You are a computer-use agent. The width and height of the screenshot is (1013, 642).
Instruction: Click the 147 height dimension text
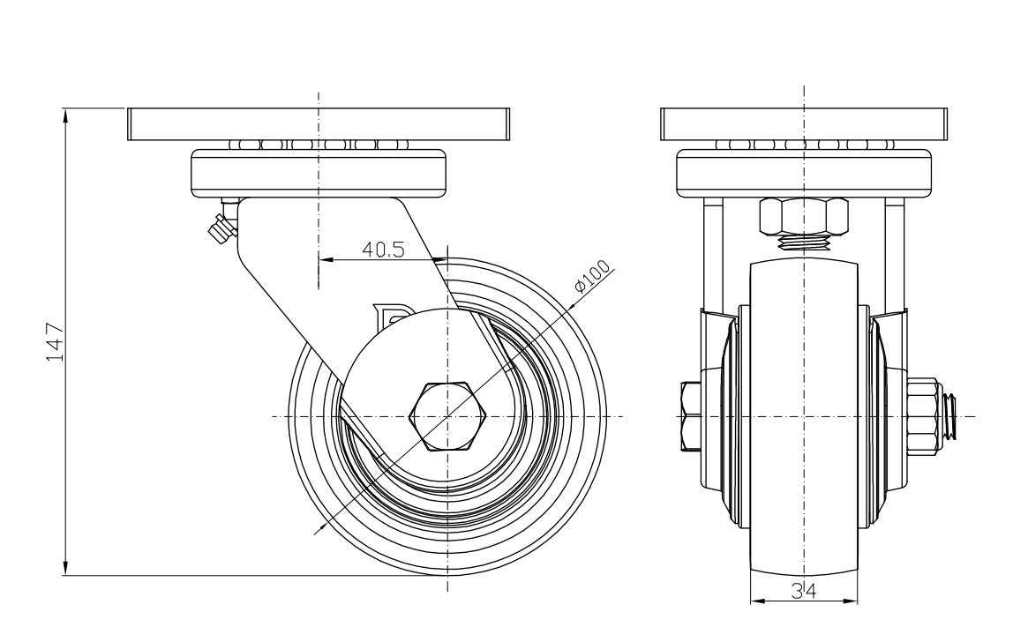coord(55,342)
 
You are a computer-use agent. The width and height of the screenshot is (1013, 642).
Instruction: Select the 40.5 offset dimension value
coord(384,250)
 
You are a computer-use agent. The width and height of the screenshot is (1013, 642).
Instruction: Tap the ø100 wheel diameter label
coord(593,277)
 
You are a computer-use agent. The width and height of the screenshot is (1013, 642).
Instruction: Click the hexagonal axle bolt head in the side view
coord(447,416)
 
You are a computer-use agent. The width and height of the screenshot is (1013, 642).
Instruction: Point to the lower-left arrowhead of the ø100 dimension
coord(319,531)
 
